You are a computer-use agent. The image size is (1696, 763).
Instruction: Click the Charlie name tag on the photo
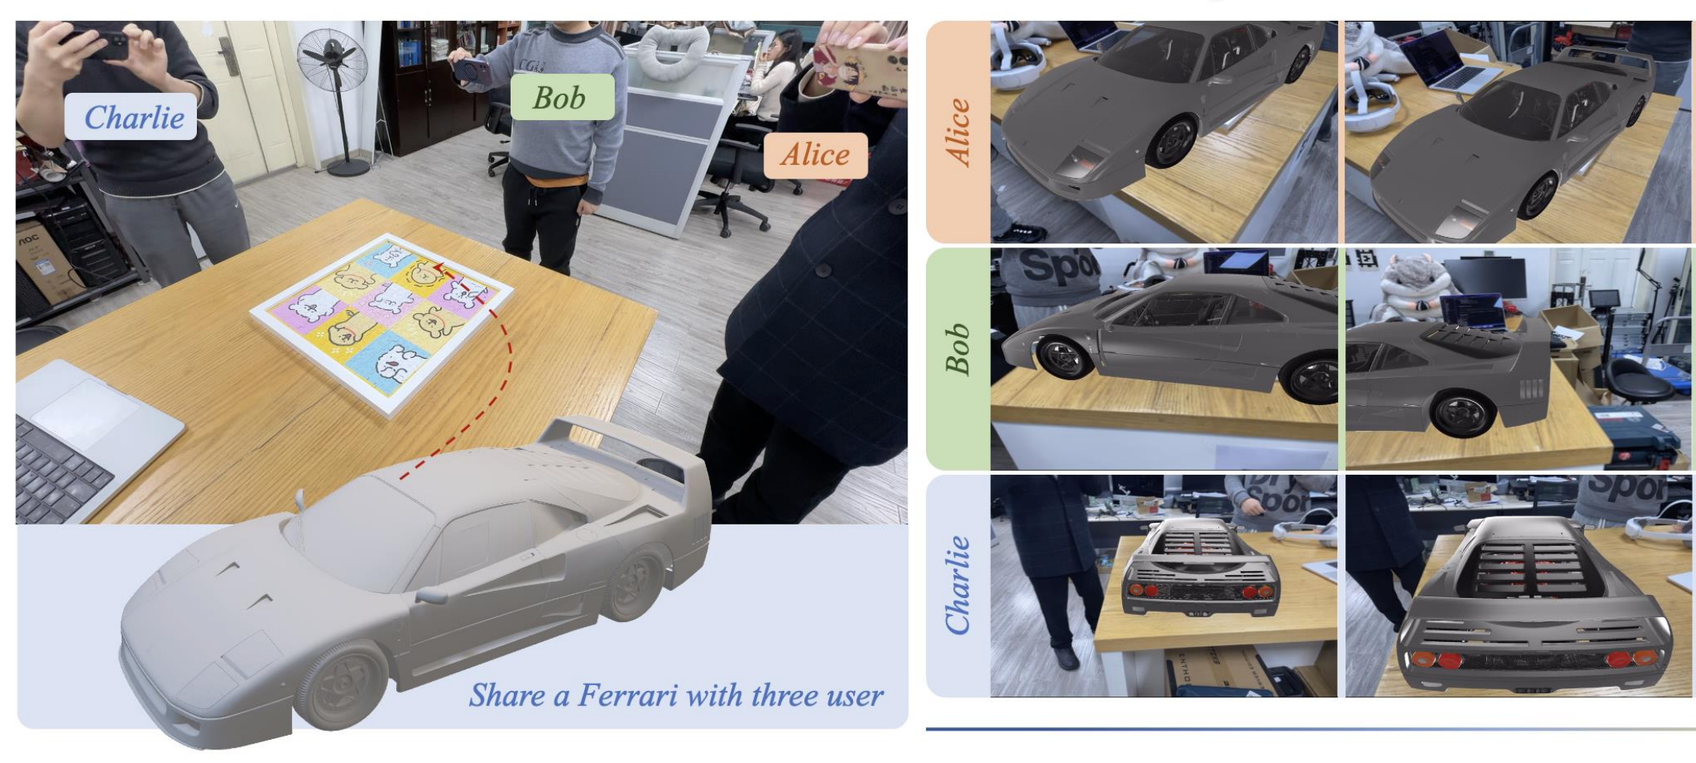(131, 117)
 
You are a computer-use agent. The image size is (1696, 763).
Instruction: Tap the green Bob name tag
(562, 98)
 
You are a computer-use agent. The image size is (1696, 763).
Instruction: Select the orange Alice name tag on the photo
(815, 155)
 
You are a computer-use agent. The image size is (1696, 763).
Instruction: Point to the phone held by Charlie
(96, 44)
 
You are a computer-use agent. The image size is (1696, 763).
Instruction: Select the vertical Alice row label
(958, 132)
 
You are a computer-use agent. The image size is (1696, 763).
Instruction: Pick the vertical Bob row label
(958, 350)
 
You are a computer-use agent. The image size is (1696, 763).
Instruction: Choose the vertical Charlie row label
(958, 585)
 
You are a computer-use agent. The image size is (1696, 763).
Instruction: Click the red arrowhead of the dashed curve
(437, 270)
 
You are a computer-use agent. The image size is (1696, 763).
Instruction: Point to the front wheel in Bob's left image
(1063, 355)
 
